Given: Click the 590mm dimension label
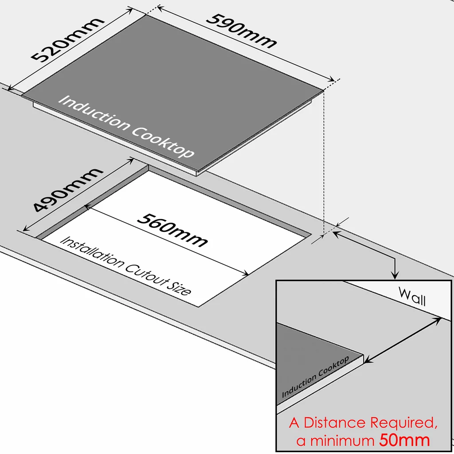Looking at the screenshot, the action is (241, 31).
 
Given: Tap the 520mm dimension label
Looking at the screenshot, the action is (67, 39).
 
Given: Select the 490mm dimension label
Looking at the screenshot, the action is (67, 189).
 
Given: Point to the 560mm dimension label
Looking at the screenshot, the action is (172, 230).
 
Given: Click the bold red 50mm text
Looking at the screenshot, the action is (404, 440).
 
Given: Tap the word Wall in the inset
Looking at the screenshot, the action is (412, 296).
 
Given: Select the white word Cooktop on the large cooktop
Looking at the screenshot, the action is (163, 142).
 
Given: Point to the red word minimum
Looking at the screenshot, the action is (343, 441).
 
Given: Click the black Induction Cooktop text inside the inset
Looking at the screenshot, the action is (315, 376).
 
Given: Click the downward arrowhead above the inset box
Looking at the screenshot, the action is (395, 275).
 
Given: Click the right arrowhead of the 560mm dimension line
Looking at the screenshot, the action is (245, 273).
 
